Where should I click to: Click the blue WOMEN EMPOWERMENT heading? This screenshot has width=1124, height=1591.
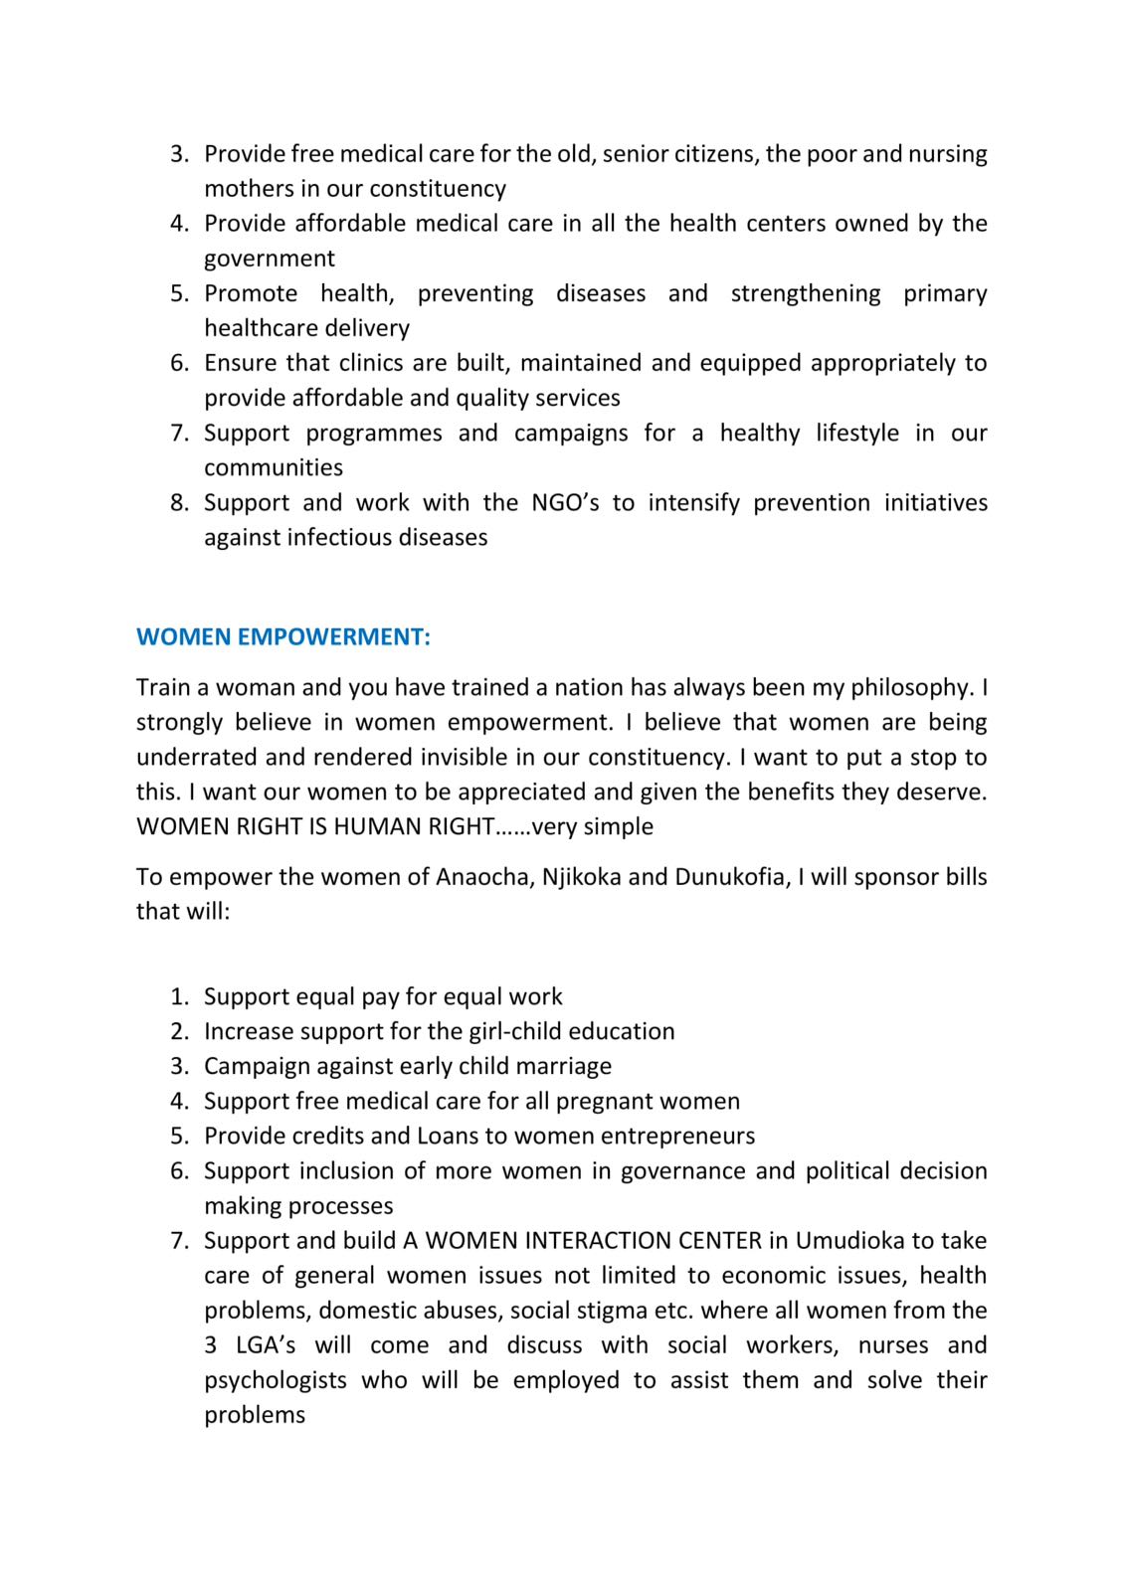[283, 637]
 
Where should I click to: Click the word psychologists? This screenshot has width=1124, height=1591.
[276, 1380]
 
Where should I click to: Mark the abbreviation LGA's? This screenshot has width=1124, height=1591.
[265, 1345]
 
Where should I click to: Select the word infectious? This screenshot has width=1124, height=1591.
[344, 538]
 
